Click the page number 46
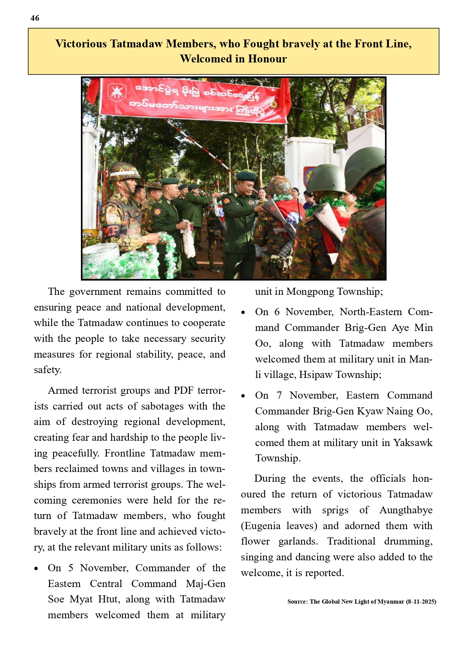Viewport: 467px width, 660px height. point(35,18)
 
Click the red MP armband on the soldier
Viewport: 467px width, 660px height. point(111,230)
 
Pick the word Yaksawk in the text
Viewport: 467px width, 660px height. point(413,443)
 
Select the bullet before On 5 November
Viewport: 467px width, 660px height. point(36,569)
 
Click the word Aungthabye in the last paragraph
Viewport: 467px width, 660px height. point(406,510)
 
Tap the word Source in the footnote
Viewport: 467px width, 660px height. point(297,602)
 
